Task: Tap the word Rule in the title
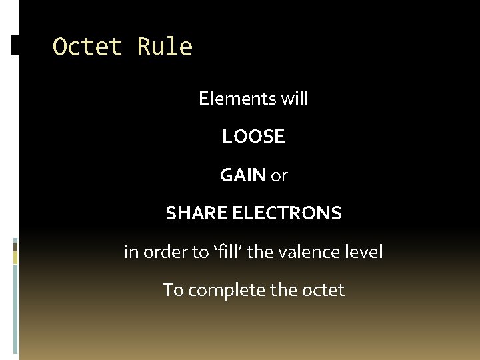(x=165, y=47)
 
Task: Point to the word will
(x=295, y=99)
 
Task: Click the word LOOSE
(x=253, y=137)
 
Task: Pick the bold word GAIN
(x=243, y=176)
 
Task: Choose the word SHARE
(x=197, y=214)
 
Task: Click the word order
(x=163, y=253)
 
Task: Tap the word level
(x=364, y=253)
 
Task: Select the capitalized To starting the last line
(x=173, y=291)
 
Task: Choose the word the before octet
(x=282, y=291)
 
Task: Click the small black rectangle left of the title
(x=15, y=45)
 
